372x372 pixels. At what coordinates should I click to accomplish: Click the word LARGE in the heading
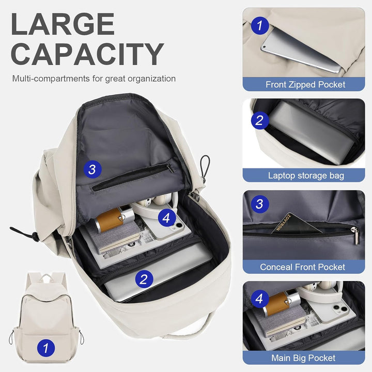click(62, 24)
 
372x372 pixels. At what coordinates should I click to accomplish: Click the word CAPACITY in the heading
click(87, 54)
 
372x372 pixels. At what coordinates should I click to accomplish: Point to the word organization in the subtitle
click(150, 79)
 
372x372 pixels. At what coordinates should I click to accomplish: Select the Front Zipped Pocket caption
click(305, 84)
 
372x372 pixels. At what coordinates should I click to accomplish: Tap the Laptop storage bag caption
click(305, 176)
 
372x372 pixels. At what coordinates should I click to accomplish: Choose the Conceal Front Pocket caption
click(303, 267)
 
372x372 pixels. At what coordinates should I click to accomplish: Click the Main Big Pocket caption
click(303, 358)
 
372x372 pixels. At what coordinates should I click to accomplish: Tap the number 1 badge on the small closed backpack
click(45, 348)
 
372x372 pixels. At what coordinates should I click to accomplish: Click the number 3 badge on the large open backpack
click(92, 168)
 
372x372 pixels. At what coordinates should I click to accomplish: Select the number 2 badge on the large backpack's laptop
click(144, 280)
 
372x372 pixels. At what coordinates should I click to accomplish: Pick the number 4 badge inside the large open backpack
click(165, 218)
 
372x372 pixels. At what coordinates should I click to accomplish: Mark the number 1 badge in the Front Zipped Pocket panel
click(259, 25)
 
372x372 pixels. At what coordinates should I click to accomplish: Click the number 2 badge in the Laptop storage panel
click(259, 120)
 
